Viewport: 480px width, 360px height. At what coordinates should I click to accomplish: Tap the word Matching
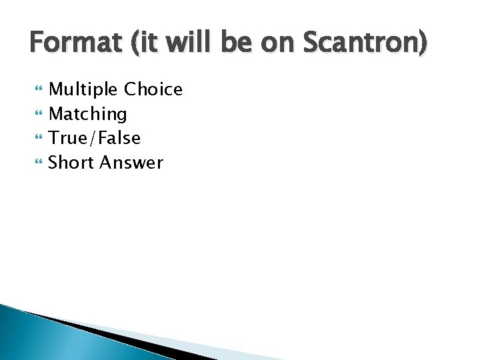coord(88,114)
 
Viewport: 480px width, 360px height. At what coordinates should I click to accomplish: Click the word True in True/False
coord(69,138)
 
